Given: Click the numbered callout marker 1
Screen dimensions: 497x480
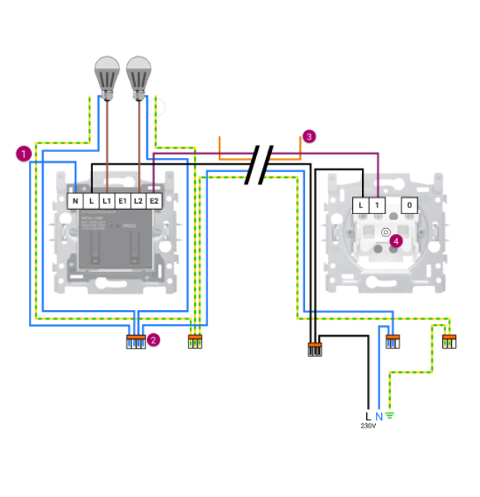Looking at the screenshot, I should [24, 154].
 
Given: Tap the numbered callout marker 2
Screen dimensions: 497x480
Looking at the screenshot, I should [154, 340].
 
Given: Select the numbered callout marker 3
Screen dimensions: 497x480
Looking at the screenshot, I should [309, 136].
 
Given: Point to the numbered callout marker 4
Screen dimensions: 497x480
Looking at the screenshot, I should [396, 241].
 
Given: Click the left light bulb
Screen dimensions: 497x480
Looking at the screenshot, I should [107, 75].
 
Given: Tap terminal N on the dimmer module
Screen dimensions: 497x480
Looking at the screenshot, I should [75, 201].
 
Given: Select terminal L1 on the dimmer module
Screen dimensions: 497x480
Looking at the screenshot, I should [106, 201].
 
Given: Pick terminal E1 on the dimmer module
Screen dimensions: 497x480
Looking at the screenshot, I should [123, 201].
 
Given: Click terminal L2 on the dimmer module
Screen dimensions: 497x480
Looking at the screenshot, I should [138, 201].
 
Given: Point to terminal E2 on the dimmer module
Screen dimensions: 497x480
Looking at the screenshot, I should [154, 201].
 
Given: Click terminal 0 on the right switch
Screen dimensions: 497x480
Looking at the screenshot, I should [411, 204].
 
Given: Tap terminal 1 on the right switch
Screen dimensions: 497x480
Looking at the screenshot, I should [377, 204].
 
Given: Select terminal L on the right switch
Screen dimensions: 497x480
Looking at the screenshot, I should [360, 204].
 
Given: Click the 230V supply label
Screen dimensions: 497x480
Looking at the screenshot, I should [368, 426].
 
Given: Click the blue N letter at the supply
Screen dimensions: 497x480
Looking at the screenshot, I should [378, 416].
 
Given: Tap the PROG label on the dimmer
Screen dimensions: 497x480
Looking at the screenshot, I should [129, 226].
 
